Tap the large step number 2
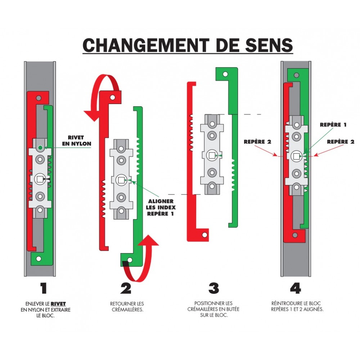[x=126, y=288]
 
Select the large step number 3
[x=213, y=288]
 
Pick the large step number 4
[x=295, y=288]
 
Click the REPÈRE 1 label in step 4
[x=333, y=125]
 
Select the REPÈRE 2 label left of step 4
[x=257, y=141]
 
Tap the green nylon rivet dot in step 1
[x=40, y=148]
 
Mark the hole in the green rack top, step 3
[x=225, y=75]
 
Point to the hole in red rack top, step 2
[x=112, y=97]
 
